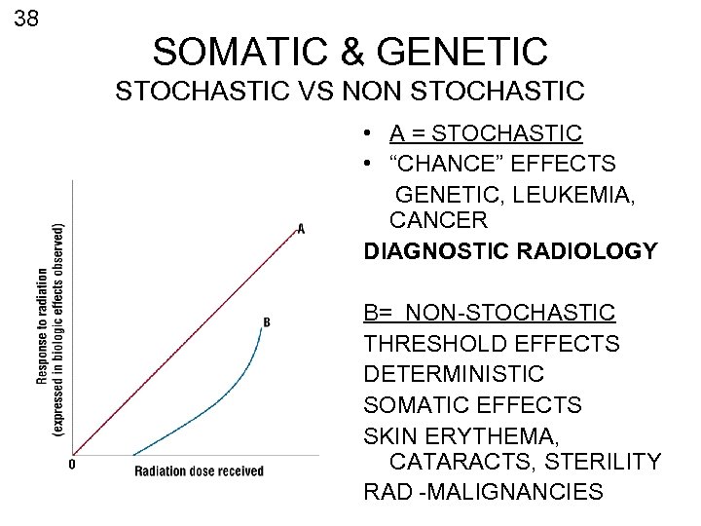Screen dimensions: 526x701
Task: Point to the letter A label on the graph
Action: pos(301,229)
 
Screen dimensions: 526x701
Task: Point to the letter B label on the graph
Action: pos(267,321)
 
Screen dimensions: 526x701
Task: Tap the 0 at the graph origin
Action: pos(71,465)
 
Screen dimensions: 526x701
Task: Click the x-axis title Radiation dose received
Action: pos(199,471)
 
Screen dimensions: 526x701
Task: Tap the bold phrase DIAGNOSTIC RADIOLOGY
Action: pos(510,250)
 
